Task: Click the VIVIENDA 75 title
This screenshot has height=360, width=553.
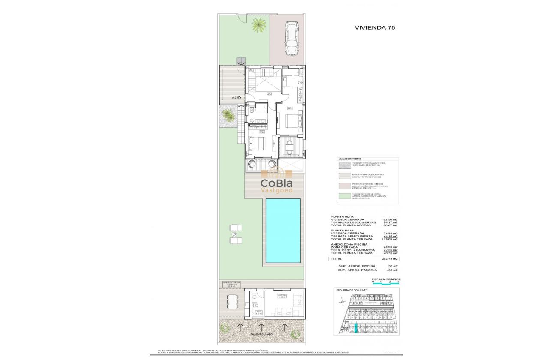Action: click(375, 27)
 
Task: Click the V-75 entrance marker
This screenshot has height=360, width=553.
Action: click(236, 98)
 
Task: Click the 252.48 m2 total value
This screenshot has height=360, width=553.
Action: click(390, 259)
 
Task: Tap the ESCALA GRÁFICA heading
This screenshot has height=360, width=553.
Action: click(386, 279)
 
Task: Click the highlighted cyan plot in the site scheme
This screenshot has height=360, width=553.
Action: click(355, 328)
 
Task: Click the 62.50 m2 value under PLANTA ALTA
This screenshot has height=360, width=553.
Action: click(391, 219)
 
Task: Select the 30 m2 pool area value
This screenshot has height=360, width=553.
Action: click(392, 266)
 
